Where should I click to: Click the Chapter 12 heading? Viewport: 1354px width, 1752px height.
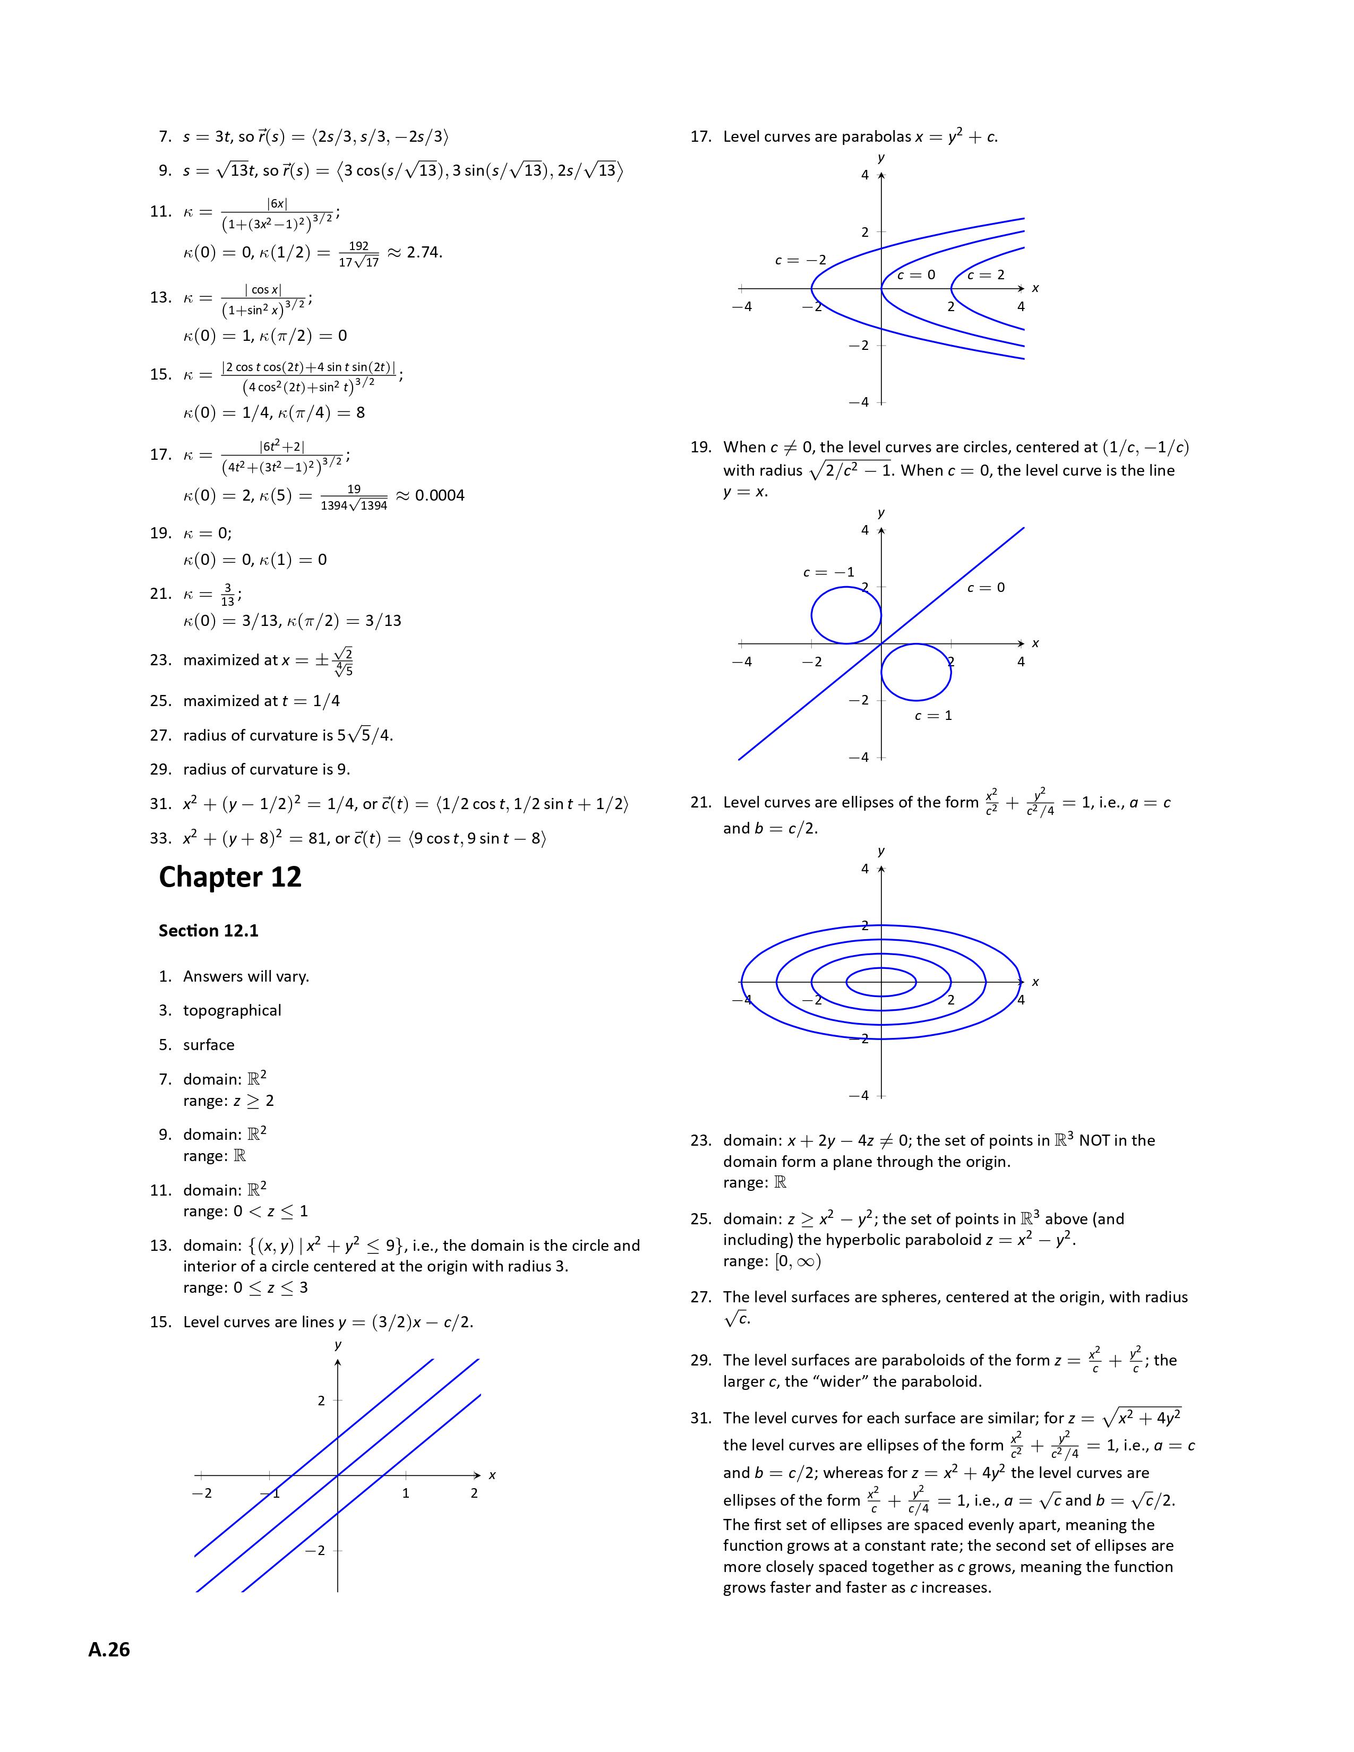(x=230, y=877)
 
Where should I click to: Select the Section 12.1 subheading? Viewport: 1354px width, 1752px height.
(x=209, y=931)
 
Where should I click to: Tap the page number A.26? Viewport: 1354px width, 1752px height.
(x=109, y=1650)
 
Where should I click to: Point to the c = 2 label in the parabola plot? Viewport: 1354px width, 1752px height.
(x=986, y=275)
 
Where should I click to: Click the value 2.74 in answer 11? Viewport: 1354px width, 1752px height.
(x=424, y=253)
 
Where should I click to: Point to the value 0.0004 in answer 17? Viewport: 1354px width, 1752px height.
(x=440, y=496)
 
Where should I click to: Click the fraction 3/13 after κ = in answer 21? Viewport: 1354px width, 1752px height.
(x=228, y=595)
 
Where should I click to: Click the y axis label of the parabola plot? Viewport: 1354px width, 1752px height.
(x=881, y=158)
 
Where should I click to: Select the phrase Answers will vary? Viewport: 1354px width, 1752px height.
(x=245, y=976)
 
